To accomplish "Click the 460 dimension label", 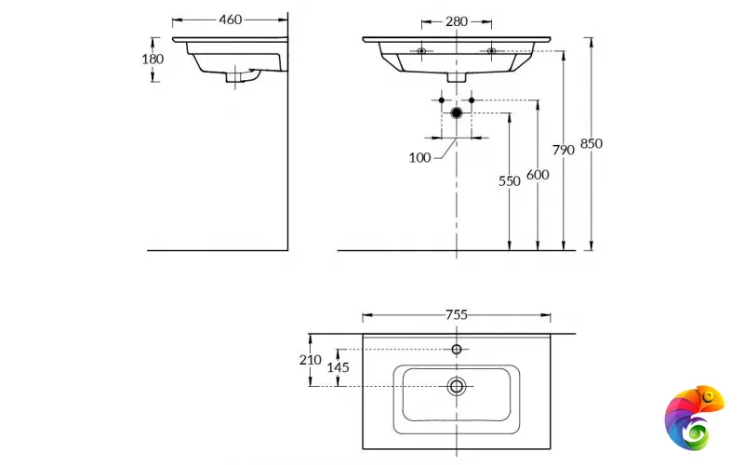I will [231, 20].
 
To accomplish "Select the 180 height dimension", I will [153, 59].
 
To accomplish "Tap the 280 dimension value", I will [457, 20].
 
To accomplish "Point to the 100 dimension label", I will [419, 157].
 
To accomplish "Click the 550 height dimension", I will [509, 181].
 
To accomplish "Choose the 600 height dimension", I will [537, 175].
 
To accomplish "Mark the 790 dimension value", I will [564, 150].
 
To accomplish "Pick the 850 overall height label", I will [591, 143].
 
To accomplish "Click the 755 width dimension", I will [456, 314].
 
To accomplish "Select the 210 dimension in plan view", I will [311, 360].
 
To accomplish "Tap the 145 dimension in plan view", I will [339, 367].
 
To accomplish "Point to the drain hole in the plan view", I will [456, 386].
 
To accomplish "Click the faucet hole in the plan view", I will [456, 350].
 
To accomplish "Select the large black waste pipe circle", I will [456, 113].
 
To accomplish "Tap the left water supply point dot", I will [442, 99].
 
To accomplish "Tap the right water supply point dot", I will [472, 99].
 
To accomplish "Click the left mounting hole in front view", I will [421, 50].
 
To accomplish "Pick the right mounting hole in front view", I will [492, 50].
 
